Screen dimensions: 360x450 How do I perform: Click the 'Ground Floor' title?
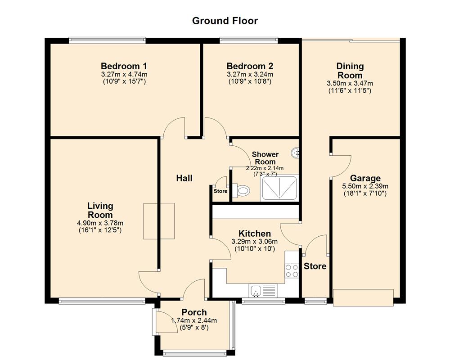225,21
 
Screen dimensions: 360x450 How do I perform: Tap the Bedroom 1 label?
124,66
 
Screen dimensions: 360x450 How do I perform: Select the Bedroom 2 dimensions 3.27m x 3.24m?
250,74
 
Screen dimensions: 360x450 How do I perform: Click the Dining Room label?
350,71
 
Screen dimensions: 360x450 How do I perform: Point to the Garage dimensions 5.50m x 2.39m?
365,186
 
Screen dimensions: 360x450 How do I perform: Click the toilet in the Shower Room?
242,191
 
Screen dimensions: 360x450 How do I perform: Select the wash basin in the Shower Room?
296,153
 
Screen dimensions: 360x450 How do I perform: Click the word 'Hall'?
184,178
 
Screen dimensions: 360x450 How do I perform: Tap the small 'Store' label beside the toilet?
220,191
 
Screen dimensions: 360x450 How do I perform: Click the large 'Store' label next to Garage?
315,266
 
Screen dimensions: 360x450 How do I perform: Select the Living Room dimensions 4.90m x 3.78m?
100,223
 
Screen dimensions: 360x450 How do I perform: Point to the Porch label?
194,312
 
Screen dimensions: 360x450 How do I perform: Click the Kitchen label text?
255,234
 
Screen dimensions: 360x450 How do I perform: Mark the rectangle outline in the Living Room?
159,221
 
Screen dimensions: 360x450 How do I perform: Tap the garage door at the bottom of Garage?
363,295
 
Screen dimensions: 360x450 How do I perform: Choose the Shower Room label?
265,158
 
